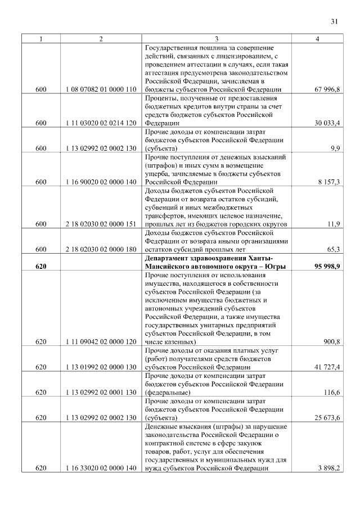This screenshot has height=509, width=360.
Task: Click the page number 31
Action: [x=334, y=22]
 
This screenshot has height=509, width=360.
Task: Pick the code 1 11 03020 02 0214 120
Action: [x=101, y=122]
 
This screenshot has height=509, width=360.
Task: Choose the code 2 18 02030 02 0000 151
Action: [x=101, y=224]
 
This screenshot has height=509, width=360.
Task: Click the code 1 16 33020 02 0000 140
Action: [x=101, y=468]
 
